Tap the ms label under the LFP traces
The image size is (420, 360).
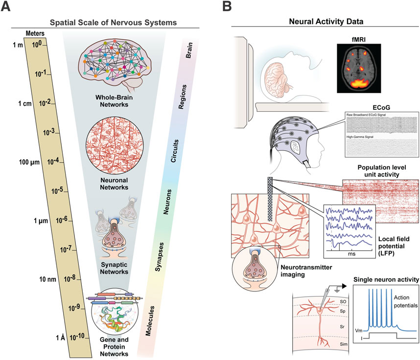[x=351, y=254]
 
